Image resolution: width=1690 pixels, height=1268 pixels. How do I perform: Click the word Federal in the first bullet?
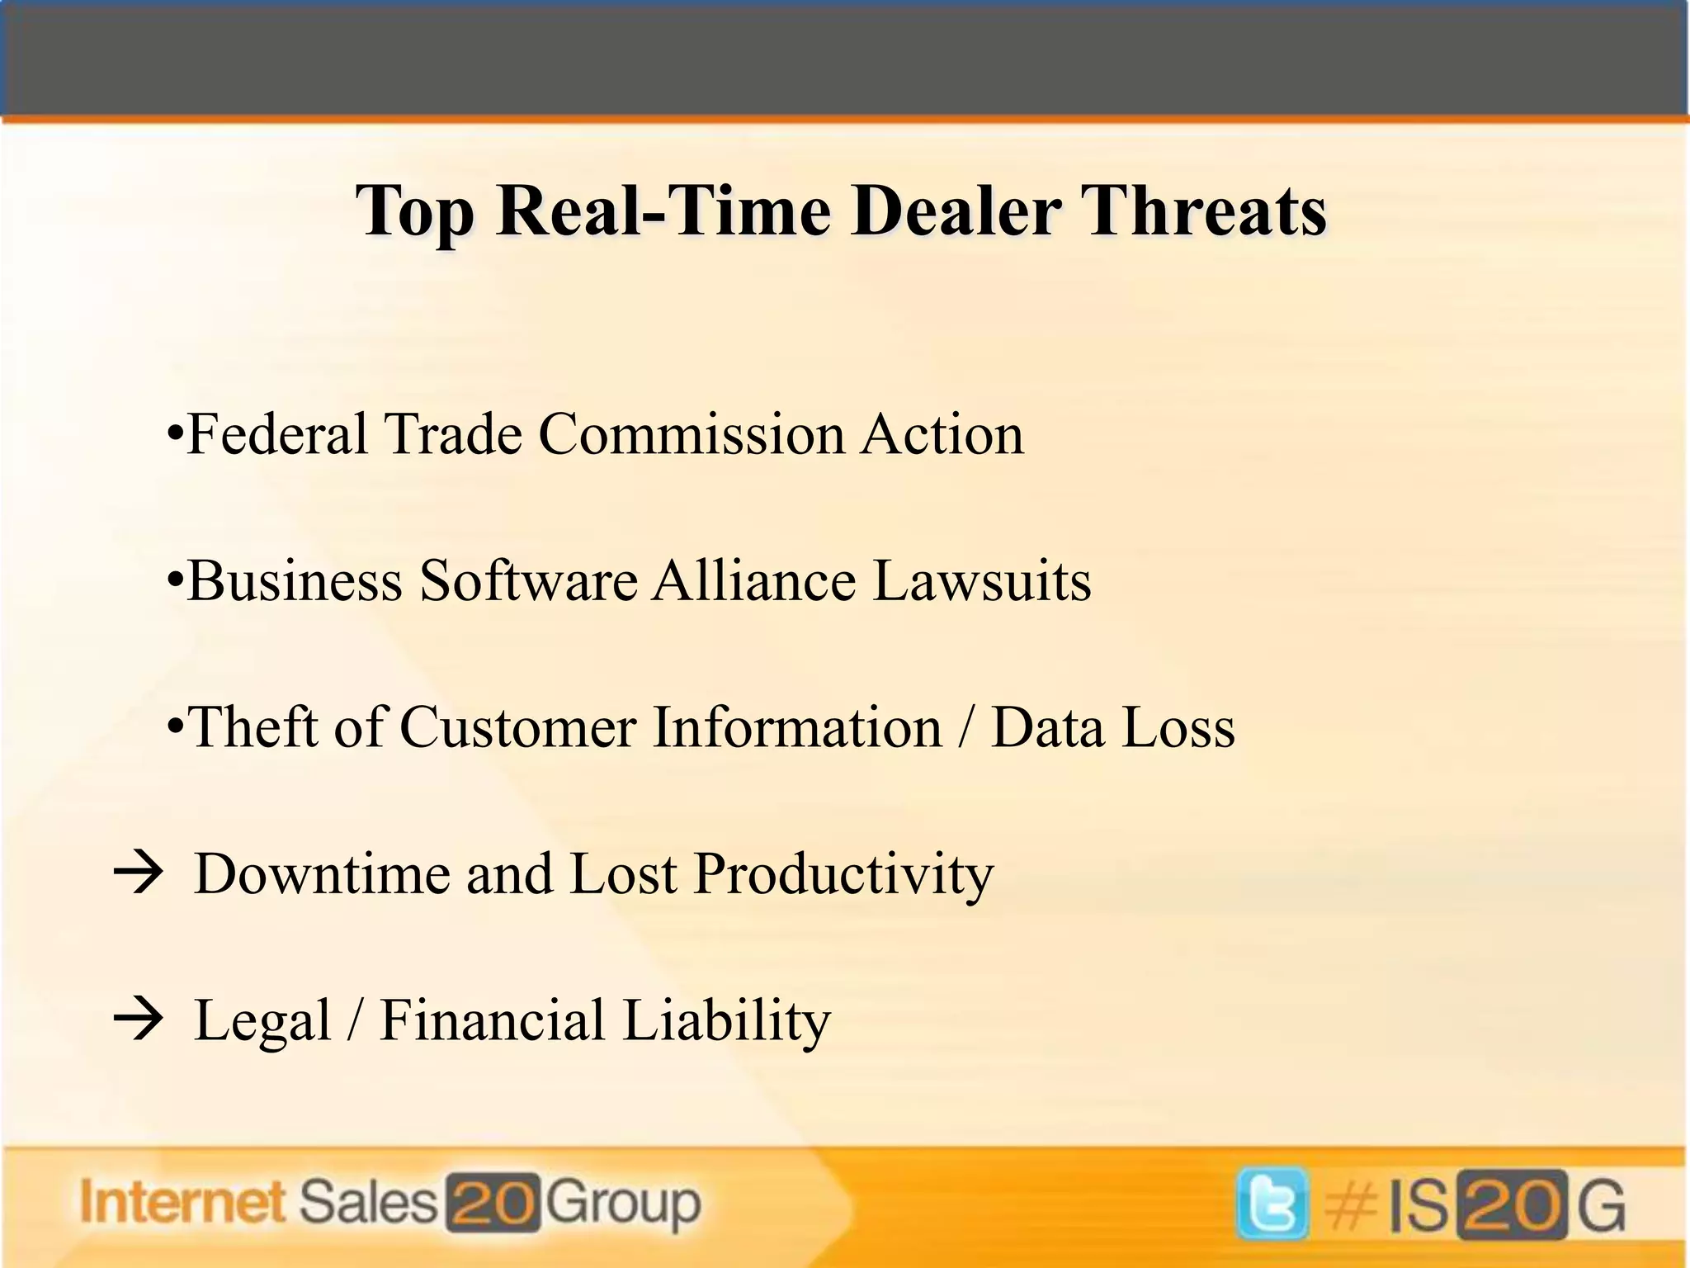[x=277, y=434]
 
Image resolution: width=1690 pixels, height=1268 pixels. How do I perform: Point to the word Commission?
[x=692, y=434]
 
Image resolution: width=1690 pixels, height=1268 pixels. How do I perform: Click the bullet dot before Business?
[x=174, y=581]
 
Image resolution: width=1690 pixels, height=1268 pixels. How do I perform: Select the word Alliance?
[x=754, y=580]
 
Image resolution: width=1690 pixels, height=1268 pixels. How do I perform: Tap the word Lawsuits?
[x=981, y=580]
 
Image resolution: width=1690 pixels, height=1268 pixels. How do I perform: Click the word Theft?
[x=253, y=727]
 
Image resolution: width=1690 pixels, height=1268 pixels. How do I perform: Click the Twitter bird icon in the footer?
[x=1272, y=1204]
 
